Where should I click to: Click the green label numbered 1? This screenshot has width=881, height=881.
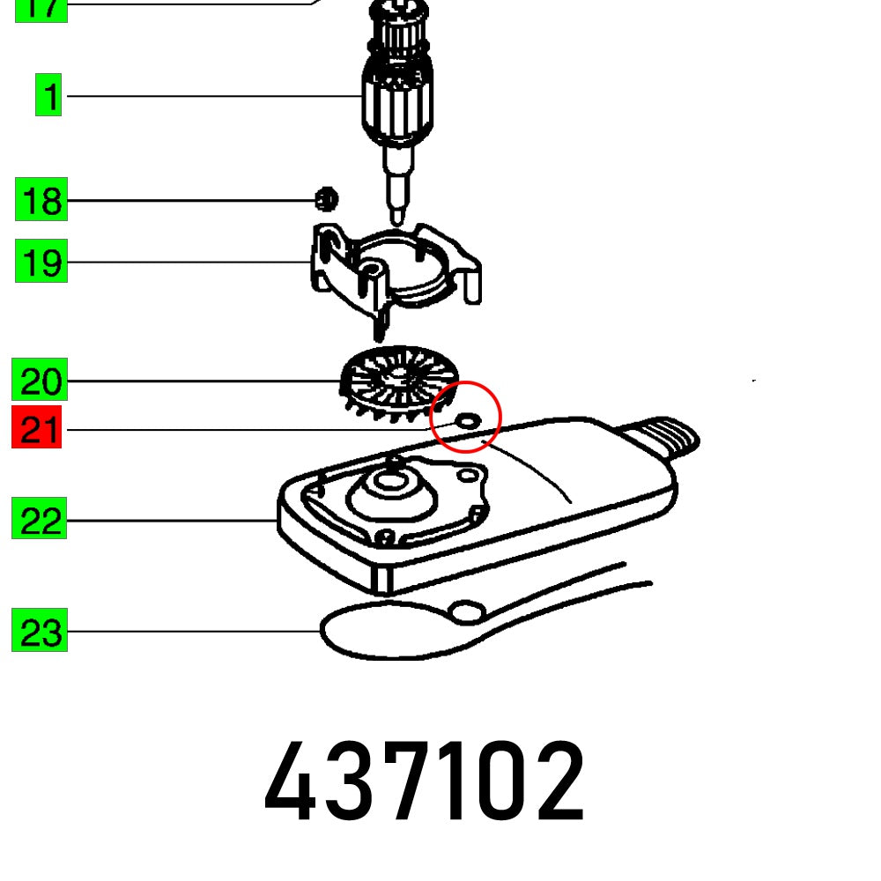pyautogui.click(x=49, y=96)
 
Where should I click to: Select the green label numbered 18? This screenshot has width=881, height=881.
pyautogui.click(x=41, y=200)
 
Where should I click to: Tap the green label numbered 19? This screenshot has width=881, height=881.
pyautogui.click(x=41, y=263)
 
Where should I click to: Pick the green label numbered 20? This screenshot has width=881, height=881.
pyautogui.click(x=41, y=381)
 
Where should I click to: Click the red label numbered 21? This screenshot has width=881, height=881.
pyautogui.click(x=37, y=430)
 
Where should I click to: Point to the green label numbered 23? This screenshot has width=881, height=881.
pyautogui.click(x=40, y=632)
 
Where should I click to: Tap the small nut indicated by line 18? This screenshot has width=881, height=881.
pyautogui.click(x=326, y=200)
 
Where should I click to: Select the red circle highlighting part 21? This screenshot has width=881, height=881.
pyautogui.click(x=466, y=416)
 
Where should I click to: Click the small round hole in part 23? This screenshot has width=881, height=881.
pyautogui.click(x=468, y=610)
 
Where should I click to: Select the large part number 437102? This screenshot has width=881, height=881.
pyautogui.click(x=423, y=781)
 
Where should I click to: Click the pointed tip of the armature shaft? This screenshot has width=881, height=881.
pyautogui.click(x=399, y=212)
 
